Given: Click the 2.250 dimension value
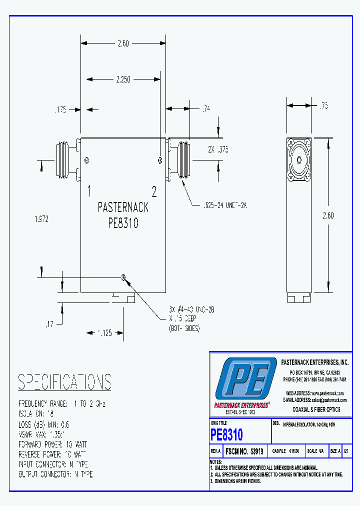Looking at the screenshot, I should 123,79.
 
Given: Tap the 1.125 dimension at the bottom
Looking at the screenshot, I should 104,332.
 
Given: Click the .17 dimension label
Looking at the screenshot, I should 49,324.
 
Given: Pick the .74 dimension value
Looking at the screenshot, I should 206,108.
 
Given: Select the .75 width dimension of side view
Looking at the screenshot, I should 324,105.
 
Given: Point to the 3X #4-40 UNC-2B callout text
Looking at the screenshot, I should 191,310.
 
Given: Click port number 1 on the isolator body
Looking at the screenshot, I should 88,190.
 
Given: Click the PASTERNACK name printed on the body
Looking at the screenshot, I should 123,207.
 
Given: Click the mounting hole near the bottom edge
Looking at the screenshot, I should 123,277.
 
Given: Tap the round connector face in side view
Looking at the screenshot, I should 299,160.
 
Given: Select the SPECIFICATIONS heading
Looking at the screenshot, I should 64,382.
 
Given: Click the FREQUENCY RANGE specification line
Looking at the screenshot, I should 62,403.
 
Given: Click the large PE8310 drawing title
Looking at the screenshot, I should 227,434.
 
